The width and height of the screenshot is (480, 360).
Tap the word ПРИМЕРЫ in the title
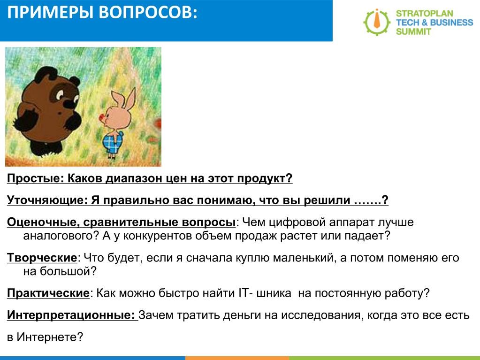[50, 13]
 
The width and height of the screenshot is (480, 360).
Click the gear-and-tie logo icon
[377, 22]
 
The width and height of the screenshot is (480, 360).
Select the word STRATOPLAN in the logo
[424, 14]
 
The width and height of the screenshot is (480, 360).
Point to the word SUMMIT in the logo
[413, 31]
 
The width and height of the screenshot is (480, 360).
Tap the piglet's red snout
[102, 118]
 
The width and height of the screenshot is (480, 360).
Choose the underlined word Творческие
[42, 258]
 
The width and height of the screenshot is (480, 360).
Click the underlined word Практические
[48, 293]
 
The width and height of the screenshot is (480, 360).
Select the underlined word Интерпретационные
[71, 315]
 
